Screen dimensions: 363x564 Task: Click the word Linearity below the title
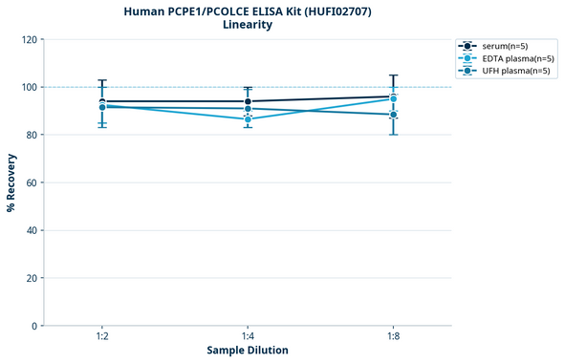coord(247,25)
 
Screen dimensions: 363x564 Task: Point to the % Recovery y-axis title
coord(11,181)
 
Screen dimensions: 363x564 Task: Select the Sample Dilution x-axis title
coord(248,351)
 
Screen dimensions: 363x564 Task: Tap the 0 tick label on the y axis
coord(34,326)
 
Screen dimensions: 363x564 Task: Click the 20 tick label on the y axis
coord(32,278)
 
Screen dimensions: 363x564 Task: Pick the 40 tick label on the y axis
coord(32,230)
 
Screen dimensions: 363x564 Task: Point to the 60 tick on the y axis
coord(32,182)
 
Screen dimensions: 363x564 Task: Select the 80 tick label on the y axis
coord(32,135)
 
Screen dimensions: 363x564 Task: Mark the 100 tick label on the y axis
coord(29,87)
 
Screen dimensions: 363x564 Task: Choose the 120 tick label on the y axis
coord(29,39)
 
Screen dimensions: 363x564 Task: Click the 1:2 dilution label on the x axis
coord(102,337)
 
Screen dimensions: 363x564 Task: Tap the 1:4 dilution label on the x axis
coord(248,337)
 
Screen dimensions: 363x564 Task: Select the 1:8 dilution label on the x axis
coord(393,337)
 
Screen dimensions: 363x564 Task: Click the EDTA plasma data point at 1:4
coord(248,119)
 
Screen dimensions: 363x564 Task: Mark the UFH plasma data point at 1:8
coord(393,115)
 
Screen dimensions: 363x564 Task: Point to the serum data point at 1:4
coord(248,101)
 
